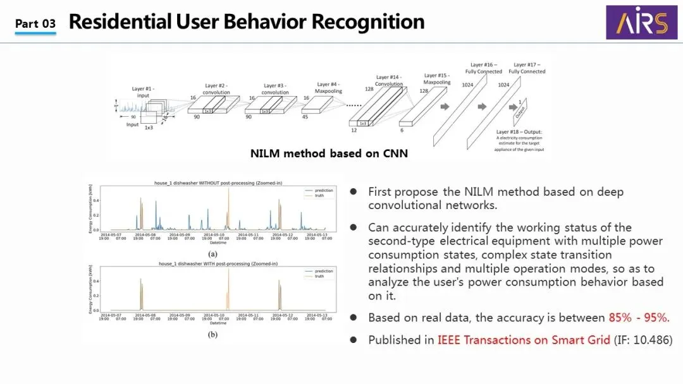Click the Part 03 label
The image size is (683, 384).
35,24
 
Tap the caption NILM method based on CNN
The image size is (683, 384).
329,153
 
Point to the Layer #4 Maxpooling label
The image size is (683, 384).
328,87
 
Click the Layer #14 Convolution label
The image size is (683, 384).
388,80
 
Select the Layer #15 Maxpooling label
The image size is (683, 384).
437,78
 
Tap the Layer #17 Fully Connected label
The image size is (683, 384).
527,68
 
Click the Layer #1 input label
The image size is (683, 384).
143,92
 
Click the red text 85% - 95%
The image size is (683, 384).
639,318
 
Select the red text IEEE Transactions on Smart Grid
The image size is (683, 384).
524,340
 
